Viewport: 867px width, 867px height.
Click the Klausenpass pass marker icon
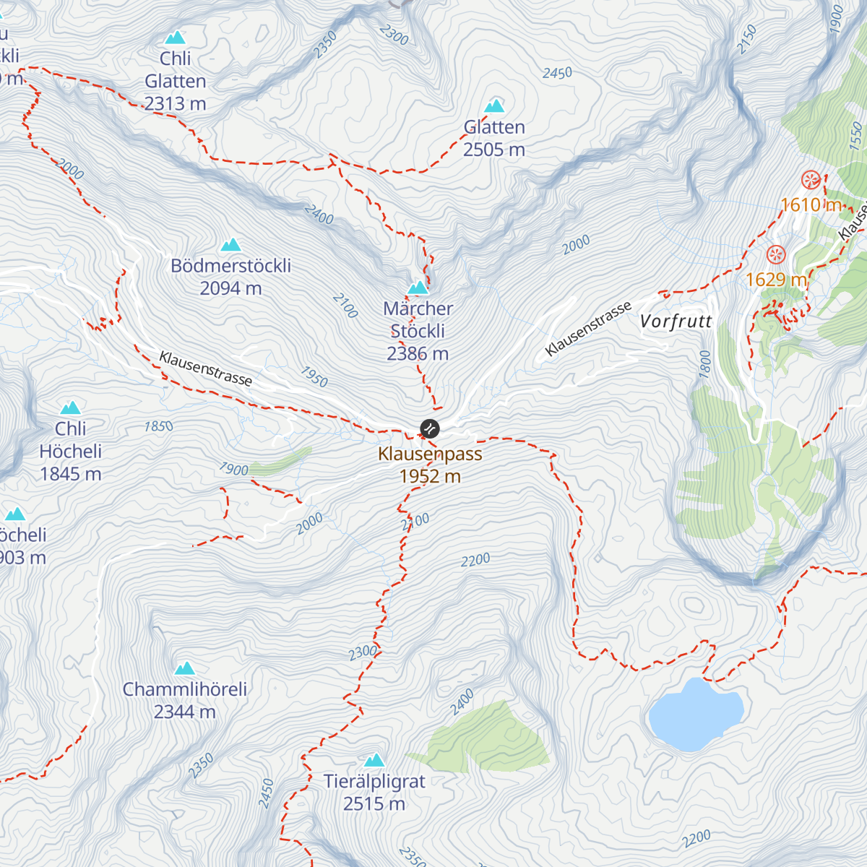tap(429, 428)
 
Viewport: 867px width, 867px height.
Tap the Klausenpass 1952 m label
tap(430, 465)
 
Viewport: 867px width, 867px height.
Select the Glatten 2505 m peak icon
tap(494, 106)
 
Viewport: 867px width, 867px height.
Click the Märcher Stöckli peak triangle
tap(418, 288)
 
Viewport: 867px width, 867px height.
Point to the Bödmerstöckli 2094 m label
tap(231, 277)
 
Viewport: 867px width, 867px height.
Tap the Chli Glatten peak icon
tap(175, 38)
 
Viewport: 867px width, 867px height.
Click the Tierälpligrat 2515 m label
tap(374, 793)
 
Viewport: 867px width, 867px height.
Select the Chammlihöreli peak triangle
tap(185, 668)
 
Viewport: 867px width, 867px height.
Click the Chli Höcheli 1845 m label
tap(70, 451)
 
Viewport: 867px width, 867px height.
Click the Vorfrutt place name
tap(676, 322)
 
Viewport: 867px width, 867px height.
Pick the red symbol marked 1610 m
tap(811, 180)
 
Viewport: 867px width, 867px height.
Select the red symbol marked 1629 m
tap(776, 254)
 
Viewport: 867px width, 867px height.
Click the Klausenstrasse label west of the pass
tap(206, 368)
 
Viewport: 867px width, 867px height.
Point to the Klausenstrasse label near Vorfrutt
tap(588, 329)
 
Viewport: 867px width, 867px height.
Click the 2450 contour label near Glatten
tap(557, 73)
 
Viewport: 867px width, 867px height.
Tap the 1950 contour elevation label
tap(314, 377)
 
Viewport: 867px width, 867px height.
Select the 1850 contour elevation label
tap(158, 426)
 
